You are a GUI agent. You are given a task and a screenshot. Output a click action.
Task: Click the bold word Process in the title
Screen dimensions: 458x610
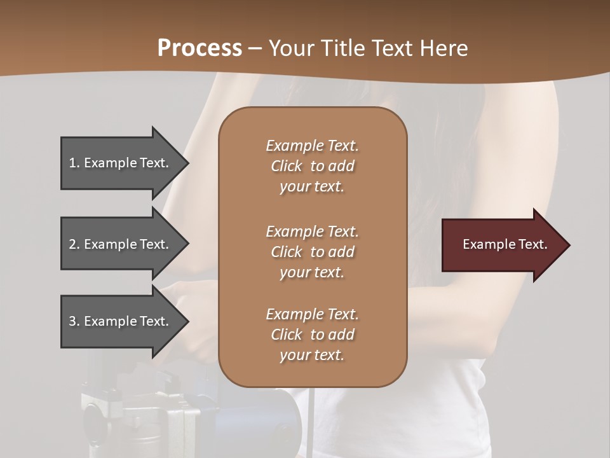(200, 48)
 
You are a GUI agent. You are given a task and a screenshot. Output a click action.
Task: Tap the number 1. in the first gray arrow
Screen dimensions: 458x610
(74, 163)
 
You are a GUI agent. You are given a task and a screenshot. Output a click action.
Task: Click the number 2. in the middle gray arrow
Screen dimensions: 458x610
(74, 244)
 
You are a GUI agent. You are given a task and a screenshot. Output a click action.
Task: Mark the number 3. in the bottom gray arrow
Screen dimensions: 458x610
(74, 321)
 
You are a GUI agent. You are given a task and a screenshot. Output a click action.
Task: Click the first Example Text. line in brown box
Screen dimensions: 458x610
(312, 146)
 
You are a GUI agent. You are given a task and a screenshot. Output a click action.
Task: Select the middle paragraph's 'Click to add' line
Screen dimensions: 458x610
(312, 252)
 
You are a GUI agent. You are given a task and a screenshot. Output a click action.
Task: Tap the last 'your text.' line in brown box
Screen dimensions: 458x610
(312, 355)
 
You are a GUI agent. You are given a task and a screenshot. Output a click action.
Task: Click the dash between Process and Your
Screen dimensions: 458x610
(255, 48)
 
